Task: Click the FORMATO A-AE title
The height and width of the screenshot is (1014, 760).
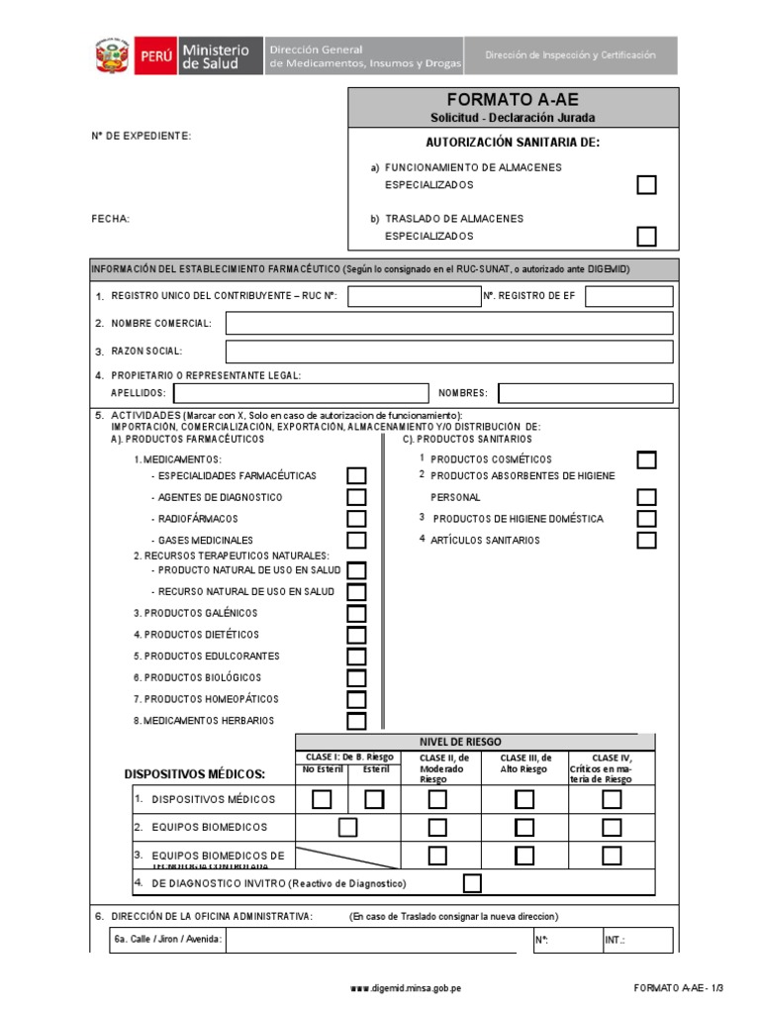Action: (x=513, y=100)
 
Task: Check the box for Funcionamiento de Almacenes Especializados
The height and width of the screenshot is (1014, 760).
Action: (x=646, y=185)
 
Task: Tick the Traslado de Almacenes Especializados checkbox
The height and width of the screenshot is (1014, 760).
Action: (x=646, y=236)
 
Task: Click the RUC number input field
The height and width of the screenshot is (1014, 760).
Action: (x=414, y=296)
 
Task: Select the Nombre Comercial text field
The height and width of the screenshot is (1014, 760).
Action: (x=449, y=323)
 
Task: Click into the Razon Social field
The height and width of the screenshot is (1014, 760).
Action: (x=449, y=352)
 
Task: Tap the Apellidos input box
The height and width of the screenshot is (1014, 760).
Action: (x=300, y=393)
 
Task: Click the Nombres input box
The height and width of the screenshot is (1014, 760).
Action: (x=585, y=393)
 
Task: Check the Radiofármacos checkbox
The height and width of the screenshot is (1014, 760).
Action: (x=356, y=519)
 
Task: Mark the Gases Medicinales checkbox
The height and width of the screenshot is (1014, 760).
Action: (x=356, y=541)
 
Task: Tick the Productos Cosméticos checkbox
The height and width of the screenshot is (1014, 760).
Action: (x=646, y=459)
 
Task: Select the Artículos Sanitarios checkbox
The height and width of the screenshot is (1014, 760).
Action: (x=646, y=540)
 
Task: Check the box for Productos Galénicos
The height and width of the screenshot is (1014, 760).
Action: (x=356, y=613)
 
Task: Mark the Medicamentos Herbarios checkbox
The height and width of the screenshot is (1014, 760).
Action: (x=356, y=721)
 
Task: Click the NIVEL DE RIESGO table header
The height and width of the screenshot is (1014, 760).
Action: (x=475, y=742)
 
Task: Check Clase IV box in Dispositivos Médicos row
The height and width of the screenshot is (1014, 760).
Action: (x=612, y=799)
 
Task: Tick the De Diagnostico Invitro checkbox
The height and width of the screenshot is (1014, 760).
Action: (x=472, y=882)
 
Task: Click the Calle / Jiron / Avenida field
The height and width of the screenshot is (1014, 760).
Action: (x=371, y=940)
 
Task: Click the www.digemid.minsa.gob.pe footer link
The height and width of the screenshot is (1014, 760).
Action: (x=406, y=988)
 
